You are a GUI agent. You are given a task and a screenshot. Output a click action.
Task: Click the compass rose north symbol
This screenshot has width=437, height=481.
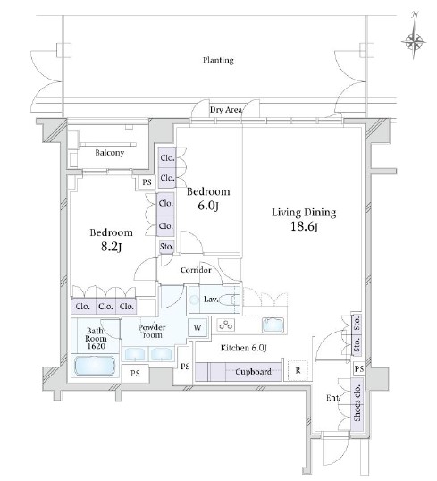414,35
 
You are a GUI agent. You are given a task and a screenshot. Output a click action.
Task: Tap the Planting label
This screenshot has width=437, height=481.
218,60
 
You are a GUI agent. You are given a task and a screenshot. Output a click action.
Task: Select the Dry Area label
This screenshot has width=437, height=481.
226,109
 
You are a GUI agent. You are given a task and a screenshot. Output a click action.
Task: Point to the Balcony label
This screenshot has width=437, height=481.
110,153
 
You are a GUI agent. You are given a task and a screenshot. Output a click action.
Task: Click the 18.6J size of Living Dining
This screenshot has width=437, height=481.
304,227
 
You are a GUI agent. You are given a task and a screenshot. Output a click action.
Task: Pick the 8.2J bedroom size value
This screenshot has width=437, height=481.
111,247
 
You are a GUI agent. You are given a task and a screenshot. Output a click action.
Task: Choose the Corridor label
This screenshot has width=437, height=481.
196,270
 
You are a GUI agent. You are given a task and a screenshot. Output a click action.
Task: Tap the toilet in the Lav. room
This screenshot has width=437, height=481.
230,300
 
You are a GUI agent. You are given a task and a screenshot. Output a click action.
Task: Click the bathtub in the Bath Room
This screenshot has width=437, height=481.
95,365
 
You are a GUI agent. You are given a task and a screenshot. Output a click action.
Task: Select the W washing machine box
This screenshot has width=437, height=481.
197,327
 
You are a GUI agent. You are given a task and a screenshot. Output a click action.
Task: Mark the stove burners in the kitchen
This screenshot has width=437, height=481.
226,325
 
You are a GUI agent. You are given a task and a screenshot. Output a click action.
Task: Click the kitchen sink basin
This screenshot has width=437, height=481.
273,325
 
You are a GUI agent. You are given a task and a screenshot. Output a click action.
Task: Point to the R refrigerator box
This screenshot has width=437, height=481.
298,370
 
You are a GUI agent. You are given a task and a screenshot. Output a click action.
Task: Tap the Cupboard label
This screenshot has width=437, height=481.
253,372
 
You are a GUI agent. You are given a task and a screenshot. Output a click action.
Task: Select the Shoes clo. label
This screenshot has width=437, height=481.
357,402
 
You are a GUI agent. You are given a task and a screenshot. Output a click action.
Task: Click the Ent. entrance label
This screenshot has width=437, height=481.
333,398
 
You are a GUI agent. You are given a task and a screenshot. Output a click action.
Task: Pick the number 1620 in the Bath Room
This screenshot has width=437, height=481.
96,346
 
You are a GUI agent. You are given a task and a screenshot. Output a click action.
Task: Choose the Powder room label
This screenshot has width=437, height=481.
152,331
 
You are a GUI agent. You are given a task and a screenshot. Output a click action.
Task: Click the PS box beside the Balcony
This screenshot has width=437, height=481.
147,181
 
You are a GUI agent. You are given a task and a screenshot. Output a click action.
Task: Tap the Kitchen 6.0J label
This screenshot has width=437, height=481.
243,348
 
